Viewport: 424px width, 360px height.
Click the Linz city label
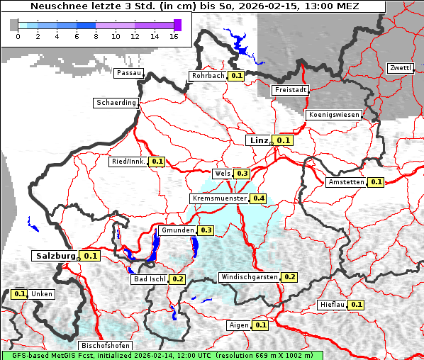pos(258,140)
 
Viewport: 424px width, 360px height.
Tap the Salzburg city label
pos(55,255)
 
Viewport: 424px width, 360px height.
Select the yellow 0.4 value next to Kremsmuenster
pos(259,198)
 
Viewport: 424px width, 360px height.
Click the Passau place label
pos(128,72)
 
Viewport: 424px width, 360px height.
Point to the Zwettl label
pos(400,68)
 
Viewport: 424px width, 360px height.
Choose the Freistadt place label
pos(290,90)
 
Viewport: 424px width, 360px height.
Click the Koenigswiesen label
pos(334,115)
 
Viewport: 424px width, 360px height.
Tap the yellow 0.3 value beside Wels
pos(242,174)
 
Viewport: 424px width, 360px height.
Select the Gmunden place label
pos(177,230)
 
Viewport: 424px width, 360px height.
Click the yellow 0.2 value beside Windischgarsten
pos(290,276)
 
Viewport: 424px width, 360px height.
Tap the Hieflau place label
pos(332,305)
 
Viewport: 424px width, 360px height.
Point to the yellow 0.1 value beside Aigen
pos(260,325)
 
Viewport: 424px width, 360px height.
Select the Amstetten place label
pos(346,182)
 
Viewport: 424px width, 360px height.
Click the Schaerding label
pos(116,103)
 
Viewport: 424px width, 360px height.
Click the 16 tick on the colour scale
pos(174,36)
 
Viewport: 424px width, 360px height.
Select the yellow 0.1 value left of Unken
pos(20,293)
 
